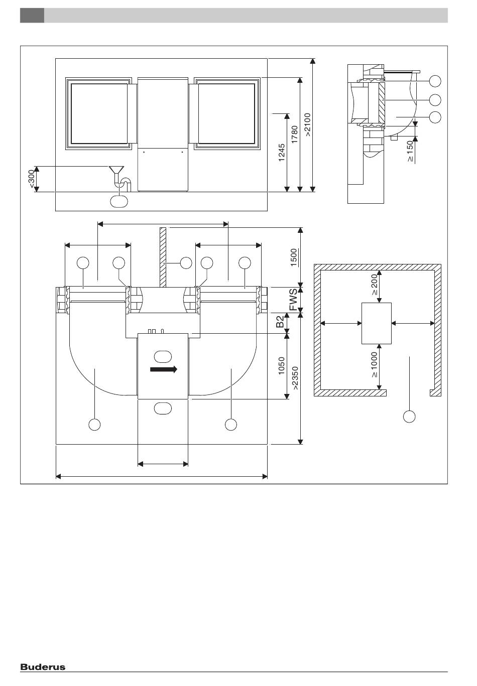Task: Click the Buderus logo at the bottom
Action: click(x=43, y=667)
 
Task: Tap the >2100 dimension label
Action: click(x=308, y=124)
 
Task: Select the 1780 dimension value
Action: click(x=294, y=134)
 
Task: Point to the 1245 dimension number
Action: click(x=282, y=153)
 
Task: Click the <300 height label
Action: click(x=32, y=179)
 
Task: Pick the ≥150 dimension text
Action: click(x=410, y=151)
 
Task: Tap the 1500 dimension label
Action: click(x=294, y=257)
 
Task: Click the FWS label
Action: click(x=293, y=300)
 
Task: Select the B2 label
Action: click(x=280, y=322)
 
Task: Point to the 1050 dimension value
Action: click(x=281, y=366)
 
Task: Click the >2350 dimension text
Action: click(x=295, y=378)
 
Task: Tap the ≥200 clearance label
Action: click(x=375, y=285)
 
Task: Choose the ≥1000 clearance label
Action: click(x=374, y=365)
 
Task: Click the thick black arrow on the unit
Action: click(x=164, y=369)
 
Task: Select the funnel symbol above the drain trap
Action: click(x=116, y=170)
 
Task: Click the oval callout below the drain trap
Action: click(x=119, y=201)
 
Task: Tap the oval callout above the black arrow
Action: click(x=163, y=357)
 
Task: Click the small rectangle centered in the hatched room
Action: click(x=377, y=323)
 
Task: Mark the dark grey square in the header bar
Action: click(x=32, y=16)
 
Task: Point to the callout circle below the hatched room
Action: click(x=409, y=417)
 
